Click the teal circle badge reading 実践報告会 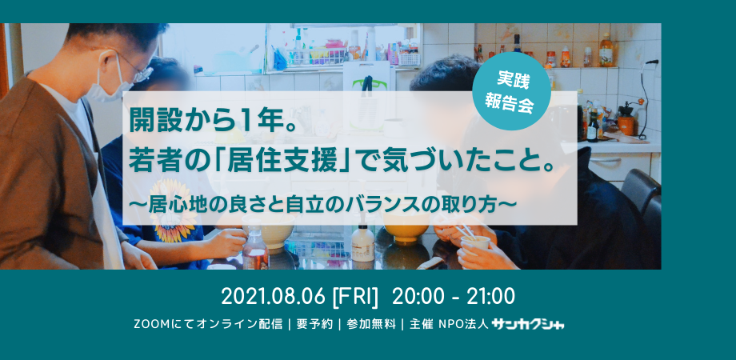tap(511, 91)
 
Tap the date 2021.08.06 tap(273, 297)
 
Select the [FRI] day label tap(355, 297)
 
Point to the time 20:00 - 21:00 tap(454, 297)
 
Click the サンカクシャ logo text tap(527, 324)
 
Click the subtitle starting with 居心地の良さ tap(326, 204)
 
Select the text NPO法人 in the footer tap(464, 324)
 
